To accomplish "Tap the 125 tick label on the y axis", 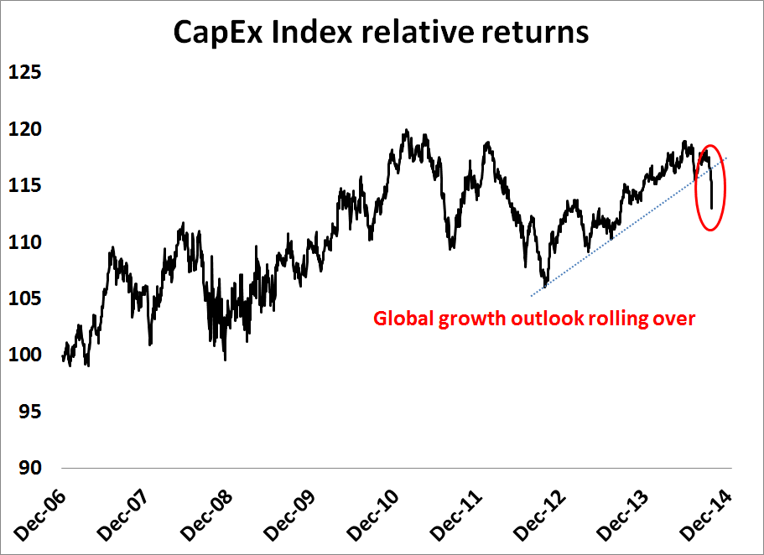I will pos(25,73).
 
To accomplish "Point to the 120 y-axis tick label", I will pos(25,129).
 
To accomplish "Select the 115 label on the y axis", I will pos(25,185).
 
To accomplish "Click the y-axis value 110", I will pos(25,242).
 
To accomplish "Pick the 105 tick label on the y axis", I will pos(25,298).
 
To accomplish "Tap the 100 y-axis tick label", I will pos(25,355).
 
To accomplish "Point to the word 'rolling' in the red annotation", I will pos(625,319).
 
